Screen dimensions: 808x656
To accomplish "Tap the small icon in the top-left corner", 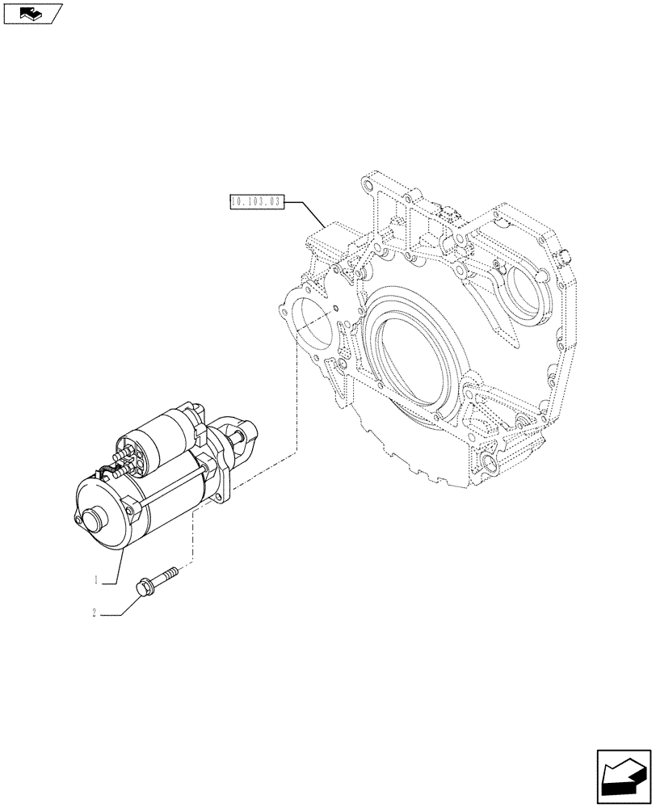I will click(32, 13).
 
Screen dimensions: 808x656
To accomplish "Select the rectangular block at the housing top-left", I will click(326, 242).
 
